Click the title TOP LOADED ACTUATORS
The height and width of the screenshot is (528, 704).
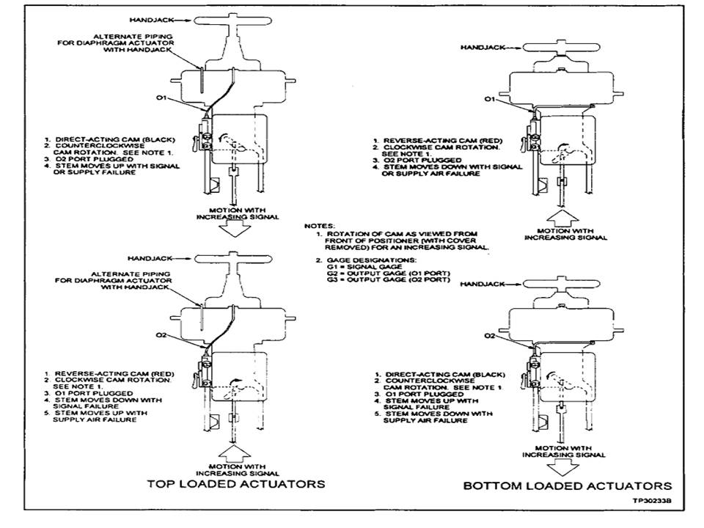[236, 484]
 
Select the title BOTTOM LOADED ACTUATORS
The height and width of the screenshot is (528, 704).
[567, 485]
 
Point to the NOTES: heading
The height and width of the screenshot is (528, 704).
[321, 225]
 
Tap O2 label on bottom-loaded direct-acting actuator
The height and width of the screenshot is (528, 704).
[490, 336]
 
